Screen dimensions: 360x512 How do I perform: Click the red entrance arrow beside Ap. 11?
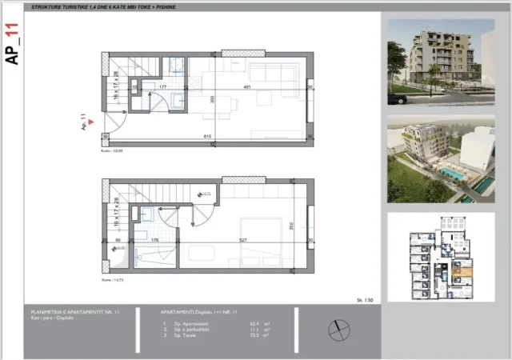(93, 122)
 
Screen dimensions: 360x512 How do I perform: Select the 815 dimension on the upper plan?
(207, 137)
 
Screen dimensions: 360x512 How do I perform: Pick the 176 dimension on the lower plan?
(156, 238)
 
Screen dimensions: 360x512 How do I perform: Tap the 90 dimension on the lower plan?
(117, 238)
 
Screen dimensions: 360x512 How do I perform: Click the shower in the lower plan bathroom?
(148, 258)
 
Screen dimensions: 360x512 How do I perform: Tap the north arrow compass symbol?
(338, 326)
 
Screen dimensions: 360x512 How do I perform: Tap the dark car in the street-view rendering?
(397, 98)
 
